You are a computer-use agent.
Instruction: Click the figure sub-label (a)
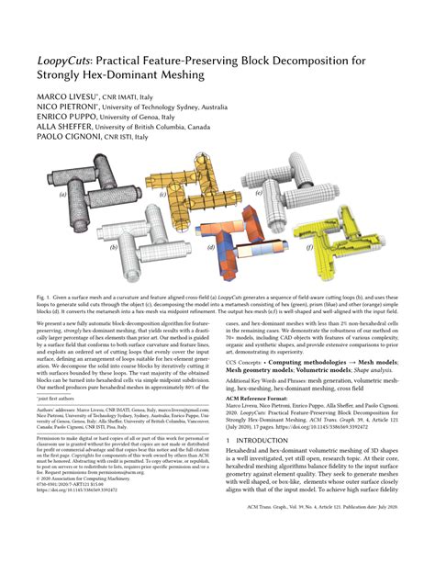(63, 195)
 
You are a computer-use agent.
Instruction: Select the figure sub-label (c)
(162, 195)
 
